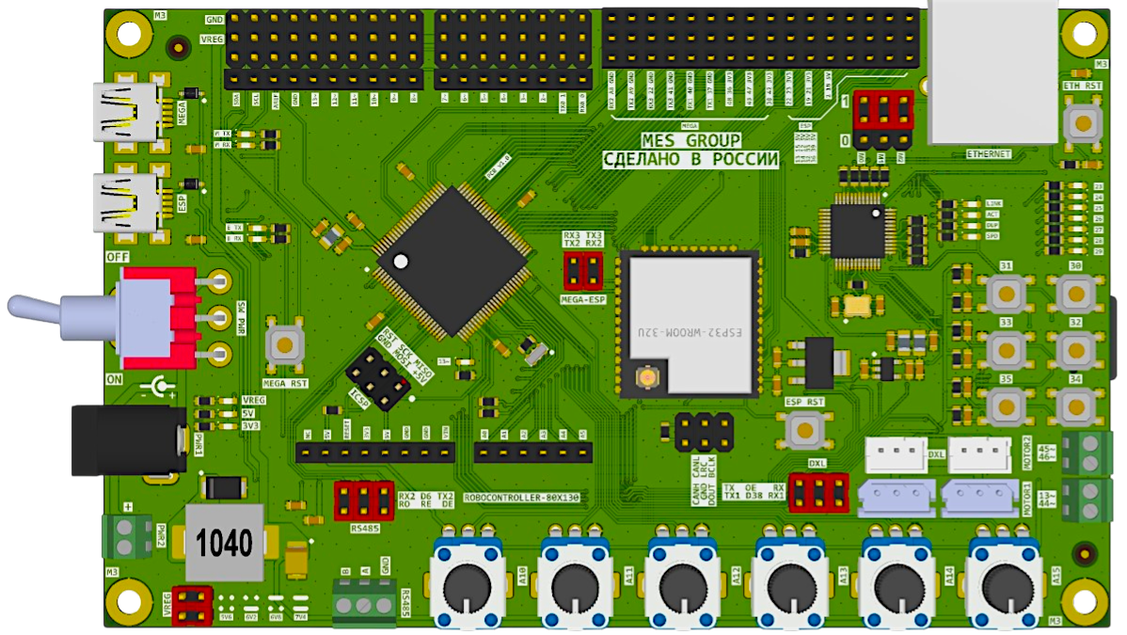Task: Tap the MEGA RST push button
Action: pos(285,345)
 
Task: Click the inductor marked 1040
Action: pos(225,543)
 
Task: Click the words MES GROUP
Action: pos(690,141)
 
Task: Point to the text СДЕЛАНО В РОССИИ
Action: pos(690,161)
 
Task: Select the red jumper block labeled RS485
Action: pos(363,500)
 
